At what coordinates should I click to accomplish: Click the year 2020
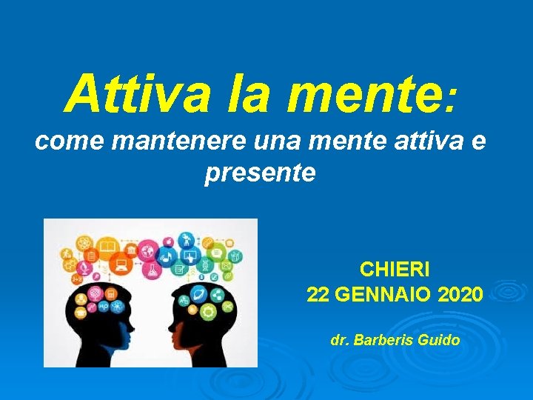460,295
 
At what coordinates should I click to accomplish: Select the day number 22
318,295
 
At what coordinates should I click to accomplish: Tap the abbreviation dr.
339,341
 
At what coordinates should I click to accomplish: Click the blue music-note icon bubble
167,257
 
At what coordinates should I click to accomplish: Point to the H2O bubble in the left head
103,306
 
